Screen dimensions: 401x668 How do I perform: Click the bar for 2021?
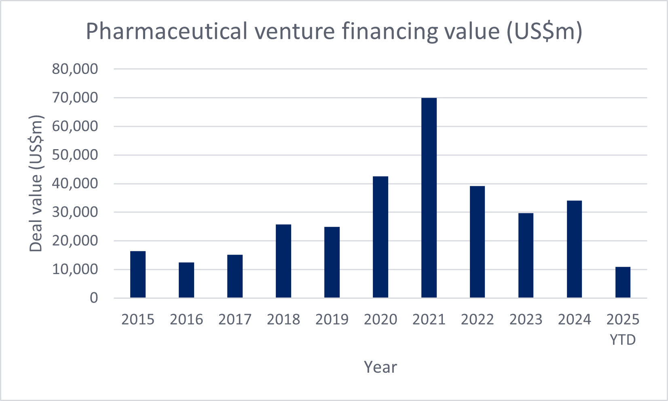(x=429, y=198)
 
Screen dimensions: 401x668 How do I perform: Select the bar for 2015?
(x=138, y=274)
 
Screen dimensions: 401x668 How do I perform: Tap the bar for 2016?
(x=186, y=280)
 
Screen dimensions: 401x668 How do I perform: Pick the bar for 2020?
(x=380, y=237)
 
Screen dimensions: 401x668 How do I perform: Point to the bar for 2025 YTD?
(x=623, y=283)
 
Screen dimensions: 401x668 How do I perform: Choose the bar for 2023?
(x=526, y=255)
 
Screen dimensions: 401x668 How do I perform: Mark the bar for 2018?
(x=283, y=261)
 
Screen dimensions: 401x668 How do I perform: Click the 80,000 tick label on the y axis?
(x=75, y=69)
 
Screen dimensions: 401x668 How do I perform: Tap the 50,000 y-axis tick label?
(x=75, y=155)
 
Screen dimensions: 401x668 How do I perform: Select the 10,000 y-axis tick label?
(x=75, y=269)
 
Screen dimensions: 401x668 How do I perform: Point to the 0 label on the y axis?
(x=94, y=298)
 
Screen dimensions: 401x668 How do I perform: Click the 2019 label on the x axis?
(x=332, y=319)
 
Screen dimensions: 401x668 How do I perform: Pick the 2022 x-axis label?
(x=477, y=319)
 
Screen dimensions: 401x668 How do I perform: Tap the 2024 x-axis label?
(x=574, y=319)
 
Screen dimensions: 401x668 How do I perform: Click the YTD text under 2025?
(x=623, y=340)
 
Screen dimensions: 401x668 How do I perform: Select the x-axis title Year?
(x=380, y=367)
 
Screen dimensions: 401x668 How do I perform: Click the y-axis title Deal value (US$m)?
(x=36, y=184)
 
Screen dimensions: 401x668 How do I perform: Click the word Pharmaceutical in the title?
(x=167, y=32)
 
